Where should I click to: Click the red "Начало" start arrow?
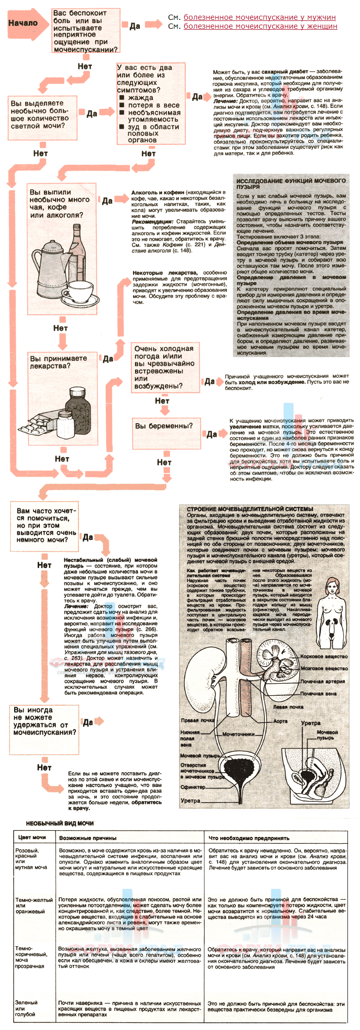click(24, 23)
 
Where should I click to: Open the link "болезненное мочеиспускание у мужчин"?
click(260, 17)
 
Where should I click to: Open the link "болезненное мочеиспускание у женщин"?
click(260, 26)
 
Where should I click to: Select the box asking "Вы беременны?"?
click(164, 426)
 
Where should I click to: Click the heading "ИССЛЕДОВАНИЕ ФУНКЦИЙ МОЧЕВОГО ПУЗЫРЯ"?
click(290, 184)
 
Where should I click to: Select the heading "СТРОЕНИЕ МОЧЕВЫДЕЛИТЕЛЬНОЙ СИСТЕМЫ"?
click(250, 508)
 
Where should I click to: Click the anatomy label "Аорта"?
click(280, 721)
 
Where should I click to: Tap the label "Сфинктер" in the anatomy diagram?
click(193, 787)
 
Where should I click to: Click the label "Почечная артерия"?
click(322, 682)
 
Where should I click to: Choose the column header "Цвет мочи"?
click(32, 837)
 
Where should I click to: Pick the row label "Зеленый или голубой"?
click(26, 1008)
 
